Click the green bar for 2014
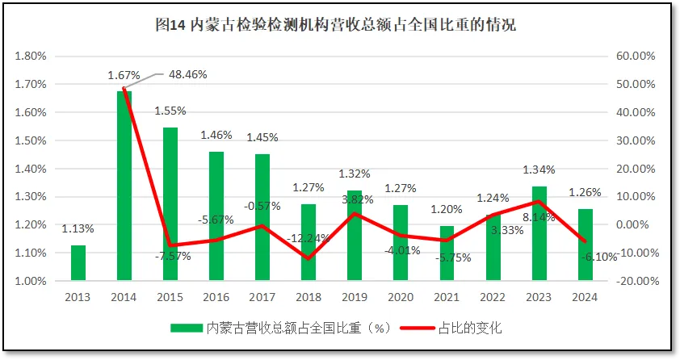pos(124,186)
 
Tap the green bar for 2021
pos(447,253)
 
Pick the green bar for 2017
pos(262,217)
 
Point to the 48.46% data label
pos(188,74)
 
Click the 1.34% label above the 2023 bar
pos(539,170)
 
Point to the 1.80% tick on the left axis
pos(31,56)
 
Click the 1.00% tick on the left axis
pos(31,281)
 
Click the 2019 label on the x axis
pos(355,297)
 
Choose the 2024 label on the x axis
pos(585,297)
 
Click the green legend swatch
pos(187,328)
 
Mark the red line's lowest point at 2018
pos(308,258)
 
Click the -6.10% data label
pos(598,257)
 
